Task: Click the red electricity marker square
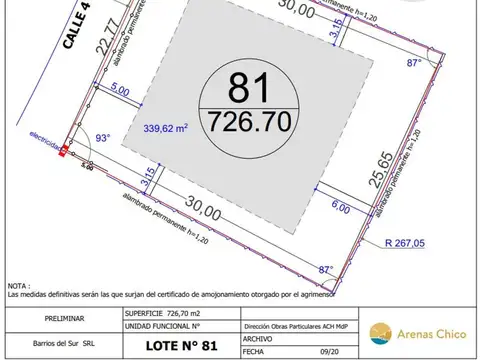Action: click(64, 152)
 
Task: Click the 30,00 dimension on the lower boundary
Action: click(202, 211)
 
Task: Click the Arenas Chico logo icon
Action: click(379, 332)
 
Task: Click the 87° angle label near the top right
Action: click(413, 62)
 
